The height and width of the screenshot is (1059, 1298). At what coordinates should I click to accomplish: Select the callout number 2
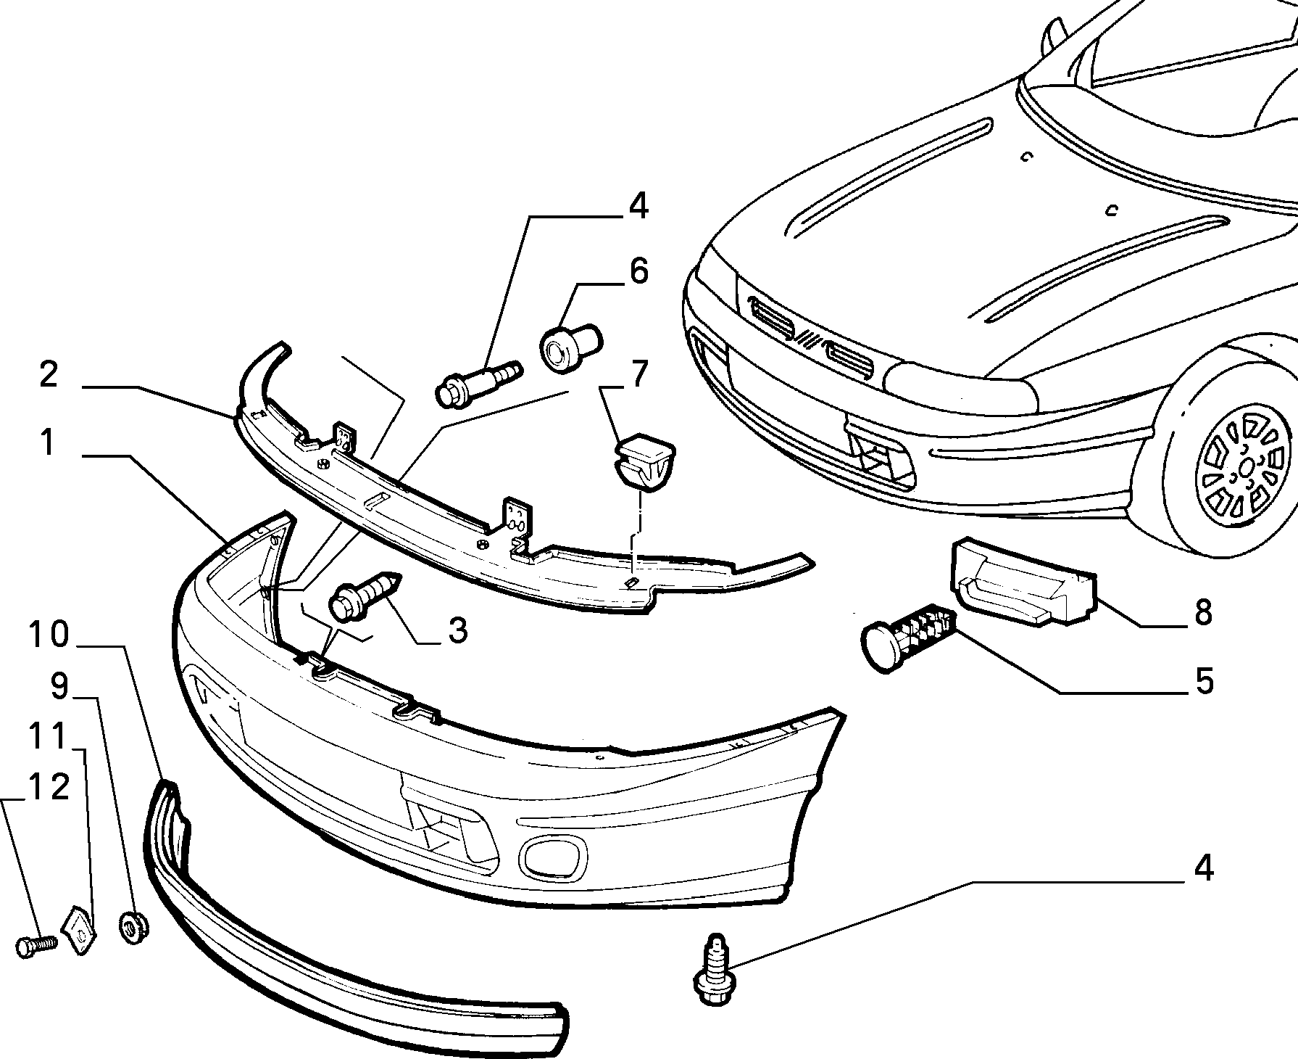[49, 375]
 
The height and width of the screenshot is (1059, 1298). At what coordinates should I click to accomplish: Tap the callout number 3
[457, 630]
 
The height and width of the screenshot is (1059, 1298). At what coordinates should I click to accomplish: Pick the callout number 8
[1203, 612]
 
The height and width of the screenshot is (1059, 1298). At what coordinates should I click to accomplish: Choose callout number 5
[1204, 681]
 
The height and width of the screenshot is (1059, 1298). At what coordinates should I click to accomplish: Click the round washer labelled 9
[133, 928]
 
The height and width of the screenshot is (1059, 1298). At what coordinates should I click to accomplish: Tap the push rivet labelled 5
[907, 635]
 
